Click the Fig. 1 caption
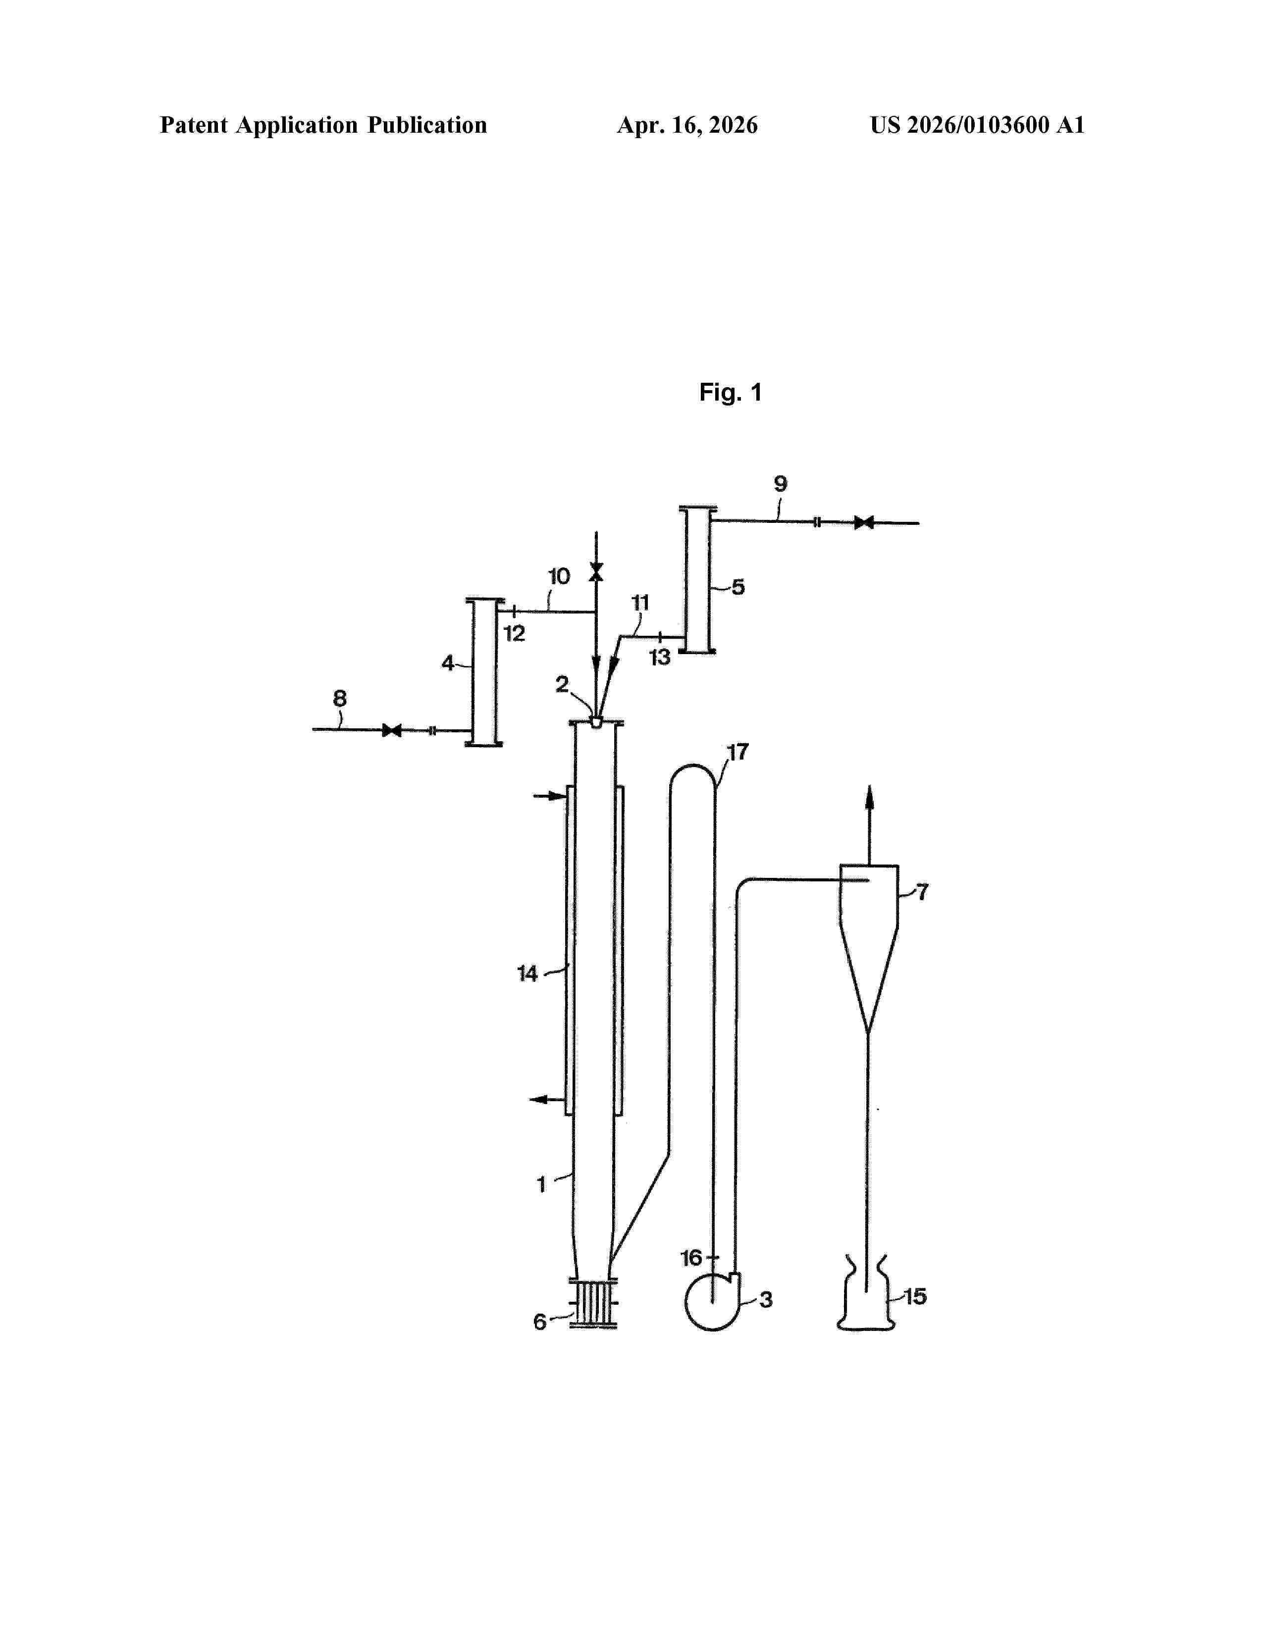tap(730, 392)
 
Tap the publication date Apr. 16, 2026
tap(687, 125)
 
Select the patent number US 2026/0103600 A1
tap(977, 125)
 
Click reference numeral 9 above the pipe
tap(781, 484)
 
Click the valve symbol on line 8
tap(391, 729)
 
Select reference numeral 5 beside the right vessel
tap(738, 587)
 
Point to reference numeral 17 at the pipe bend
tap(738, 752)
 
